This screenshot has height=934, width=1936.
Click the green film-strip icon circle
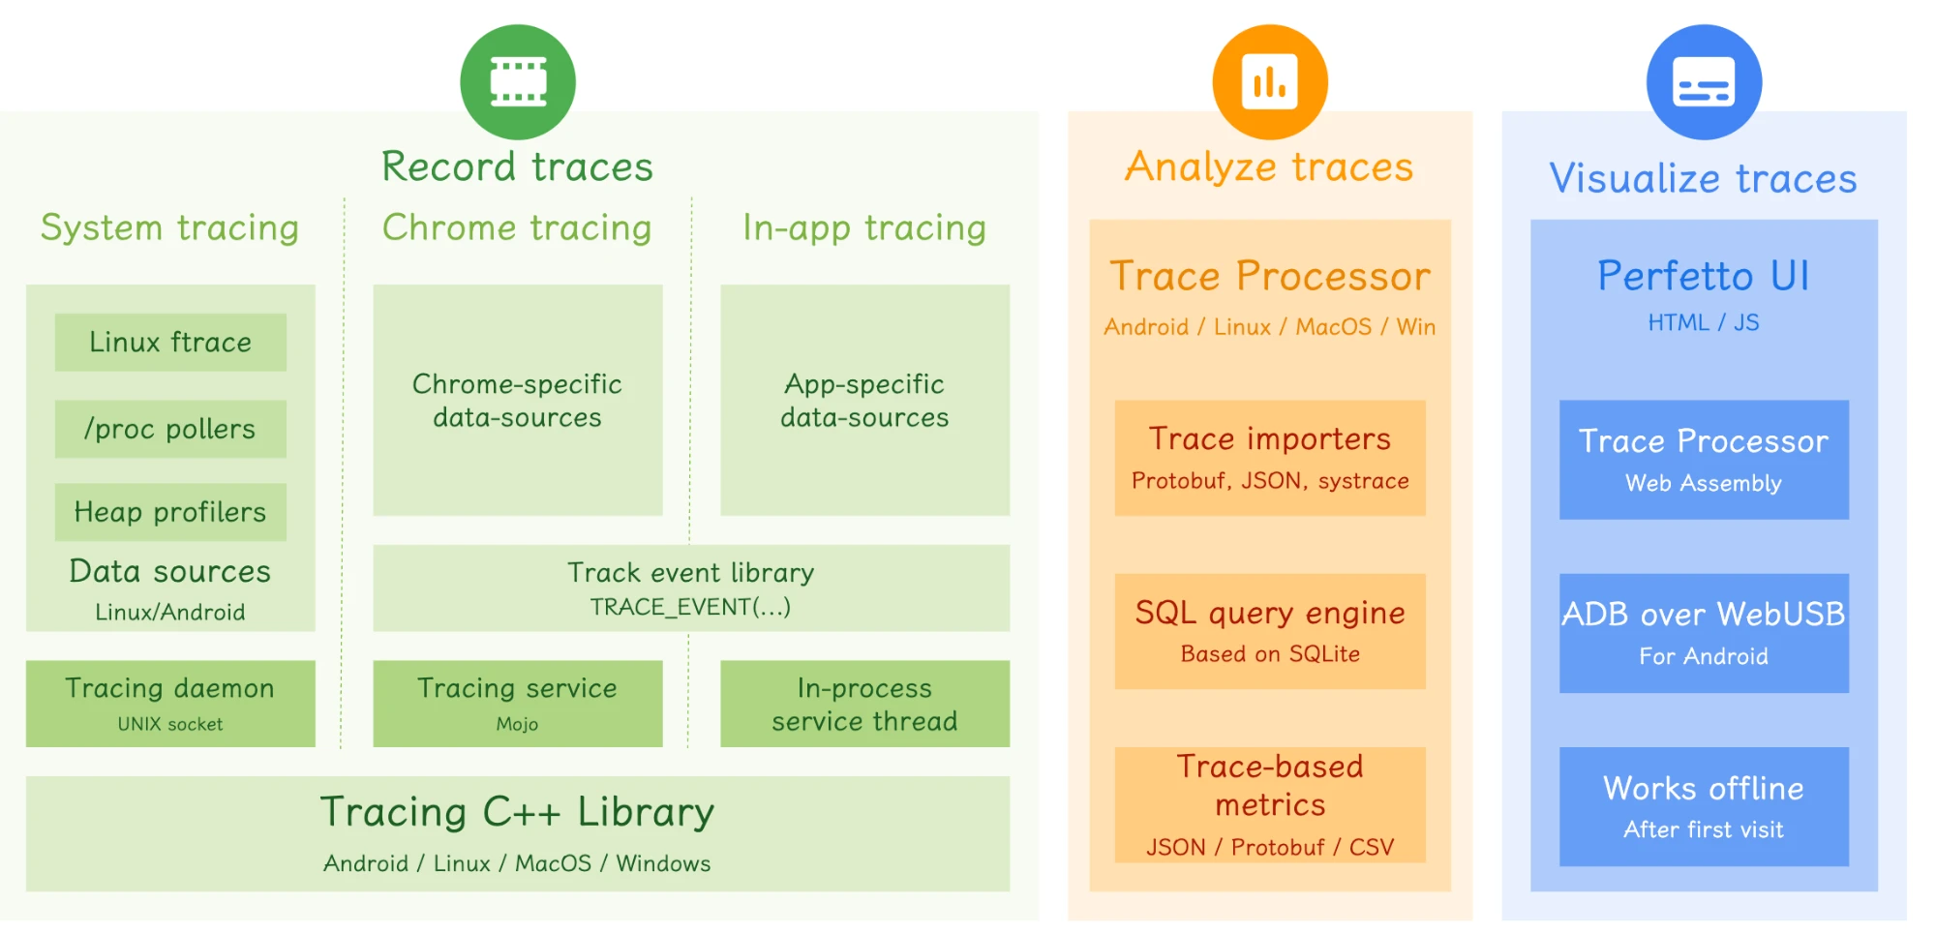(x=518, y=82)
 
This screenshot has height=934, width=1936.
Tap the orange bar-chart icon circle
(x=1270, y=82)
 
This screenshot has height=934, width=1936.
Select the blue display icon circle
(x=1704, y=82)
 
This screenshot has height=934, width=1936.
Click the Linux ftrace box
(x=170, y=342)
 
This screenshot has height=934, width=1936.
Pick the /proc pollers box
(x=170, y=429)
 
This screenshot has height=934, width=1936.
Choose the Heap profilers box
(x=170, y=512)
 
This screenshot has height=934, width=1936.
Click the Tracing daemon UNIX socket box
(x=170, y=704)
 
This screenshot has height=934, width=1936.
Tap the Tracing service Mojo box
(x=518, y=704)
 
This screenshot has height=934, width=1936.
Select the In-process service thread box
(x=864, y=704)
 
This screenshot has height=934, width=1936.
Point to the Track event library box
(x=691, y=588)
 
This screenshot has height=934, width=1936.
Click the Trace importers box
(x=1270, y=458)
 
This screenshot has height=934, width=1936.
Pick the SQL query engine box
(x=1270, y=631)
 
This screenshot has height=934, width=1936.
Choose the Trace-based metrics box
(x=1270, y=804)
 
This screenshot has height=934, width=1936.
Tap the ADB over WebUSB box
(x=1704, y=633)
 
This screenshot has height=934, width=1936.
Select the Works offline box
(x=1704, y=806)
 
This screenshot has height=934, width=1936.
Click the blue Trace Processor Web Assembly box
(x=1704, y=460)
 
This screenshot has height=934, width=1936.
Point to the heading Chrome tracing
(x=517, y=227)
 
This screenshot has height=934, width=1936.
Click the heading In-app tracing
(x=864, y=227)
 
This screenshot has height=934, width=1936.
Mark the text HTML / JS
(x=1704, y=323)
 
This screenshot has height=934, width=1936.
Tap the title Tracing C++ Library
(x=518, y=812)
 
